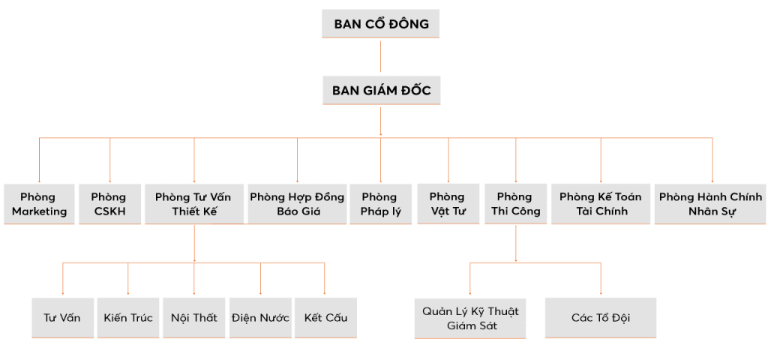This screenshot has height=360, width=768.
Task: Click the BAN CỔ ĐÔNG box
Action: pos(380,24)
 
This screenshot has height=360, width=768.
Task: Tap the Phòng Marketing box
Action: pos(39,204)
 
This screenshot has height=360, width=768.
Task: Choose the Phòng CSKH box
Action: pos(109,204)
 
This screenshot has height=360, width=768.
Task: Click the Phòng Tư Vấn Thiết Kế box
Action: pos(193,204)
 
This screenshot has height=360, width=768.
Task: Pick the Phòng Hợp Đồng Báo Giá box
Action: pos(297,204)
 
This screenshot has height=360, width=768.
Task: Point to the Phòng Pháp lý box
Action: pos(379,204)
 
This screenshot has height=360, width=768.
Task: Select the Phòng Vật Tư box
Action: pos(448,204)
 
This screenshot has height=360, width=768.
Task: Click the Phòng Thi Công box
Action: pos(514,204)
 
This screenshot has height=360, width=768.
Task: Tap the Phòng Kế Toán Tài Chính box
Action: pos(601,204)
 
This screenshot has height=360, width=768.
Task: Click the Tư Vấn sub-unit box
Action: pos(62,317)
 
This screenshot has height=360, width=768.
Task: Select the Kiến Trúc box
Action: pos(128,317)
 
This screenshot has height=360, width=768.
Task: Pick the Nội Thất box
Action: pos(194,317)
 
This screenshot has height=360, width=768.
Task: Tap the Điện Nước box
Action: pos(260,317)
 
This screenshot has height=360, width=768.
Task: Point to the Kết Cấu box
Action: pos(325,317)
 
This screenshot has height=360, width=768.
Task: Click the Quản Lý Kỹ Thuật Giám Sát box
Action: pos(470,318)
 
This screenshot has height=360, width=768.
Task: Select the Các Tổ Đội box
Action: pos(601,318)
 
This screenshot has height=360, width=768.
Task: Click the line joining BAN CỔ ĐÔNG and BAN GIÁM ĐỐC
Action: pos(380,56)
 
